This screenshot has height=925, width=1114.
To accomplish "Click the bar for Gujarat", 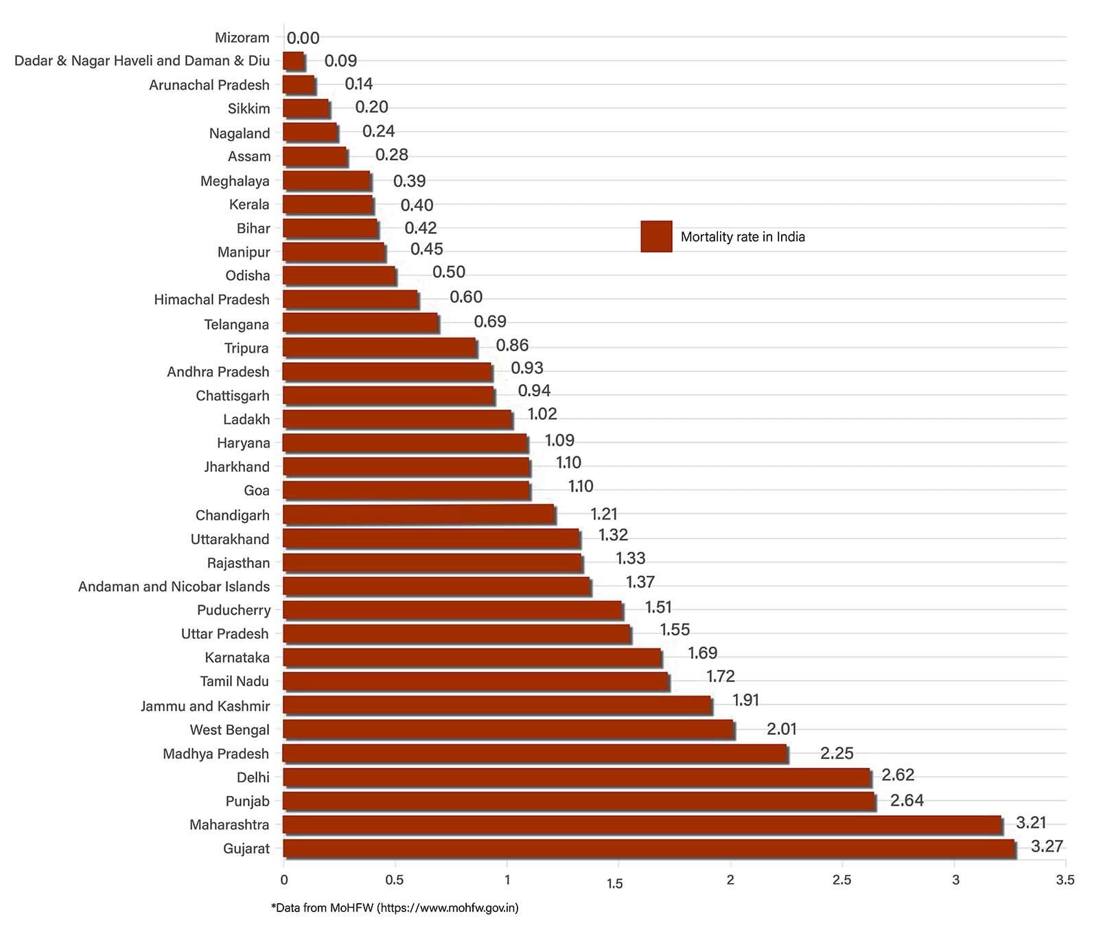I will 649,848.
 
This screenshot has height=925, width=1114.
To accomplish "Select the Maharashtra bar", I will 642,824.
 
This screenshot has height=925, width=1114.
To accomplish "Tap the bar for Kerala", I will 327,204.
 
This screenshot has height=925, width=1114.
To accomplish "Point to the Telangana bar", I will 360,323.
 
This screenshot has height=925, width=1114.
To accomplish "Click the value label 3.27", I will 1047,846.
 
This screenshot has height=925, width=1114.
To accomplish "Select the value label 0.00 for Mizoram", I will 303,38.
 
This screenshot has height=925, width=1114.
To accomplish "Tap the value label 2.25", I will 837,753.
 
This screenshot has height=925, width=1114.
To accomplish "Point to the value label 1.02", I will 542,414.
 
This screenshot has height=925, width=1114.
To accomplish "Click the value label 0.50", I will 449,272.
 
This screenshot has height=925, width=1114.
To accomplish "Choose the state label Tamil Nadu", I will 234,681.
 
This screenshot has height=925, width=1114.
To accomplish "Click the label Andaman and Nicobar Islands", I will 174,587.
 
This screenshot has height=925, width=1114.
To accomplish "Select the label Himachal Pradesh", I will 211,300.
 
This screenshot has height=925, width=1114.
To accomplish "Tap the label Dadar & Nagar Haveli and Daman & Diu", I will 142,61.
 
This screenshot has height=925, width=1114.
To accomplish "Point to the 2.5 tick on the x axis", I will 842,880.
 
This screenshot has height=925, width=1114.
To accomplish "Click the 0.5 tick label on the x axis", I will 395,880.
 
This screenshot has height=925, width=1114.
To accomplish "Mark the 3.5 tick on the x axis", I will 1065,880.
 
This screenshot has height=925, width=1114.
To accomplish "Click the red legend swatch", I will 656,237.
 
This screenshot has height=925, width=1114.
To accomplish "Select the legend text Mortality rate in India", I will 743,237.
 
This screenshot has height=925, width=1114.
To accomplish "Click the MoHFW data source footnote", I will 395,908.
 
